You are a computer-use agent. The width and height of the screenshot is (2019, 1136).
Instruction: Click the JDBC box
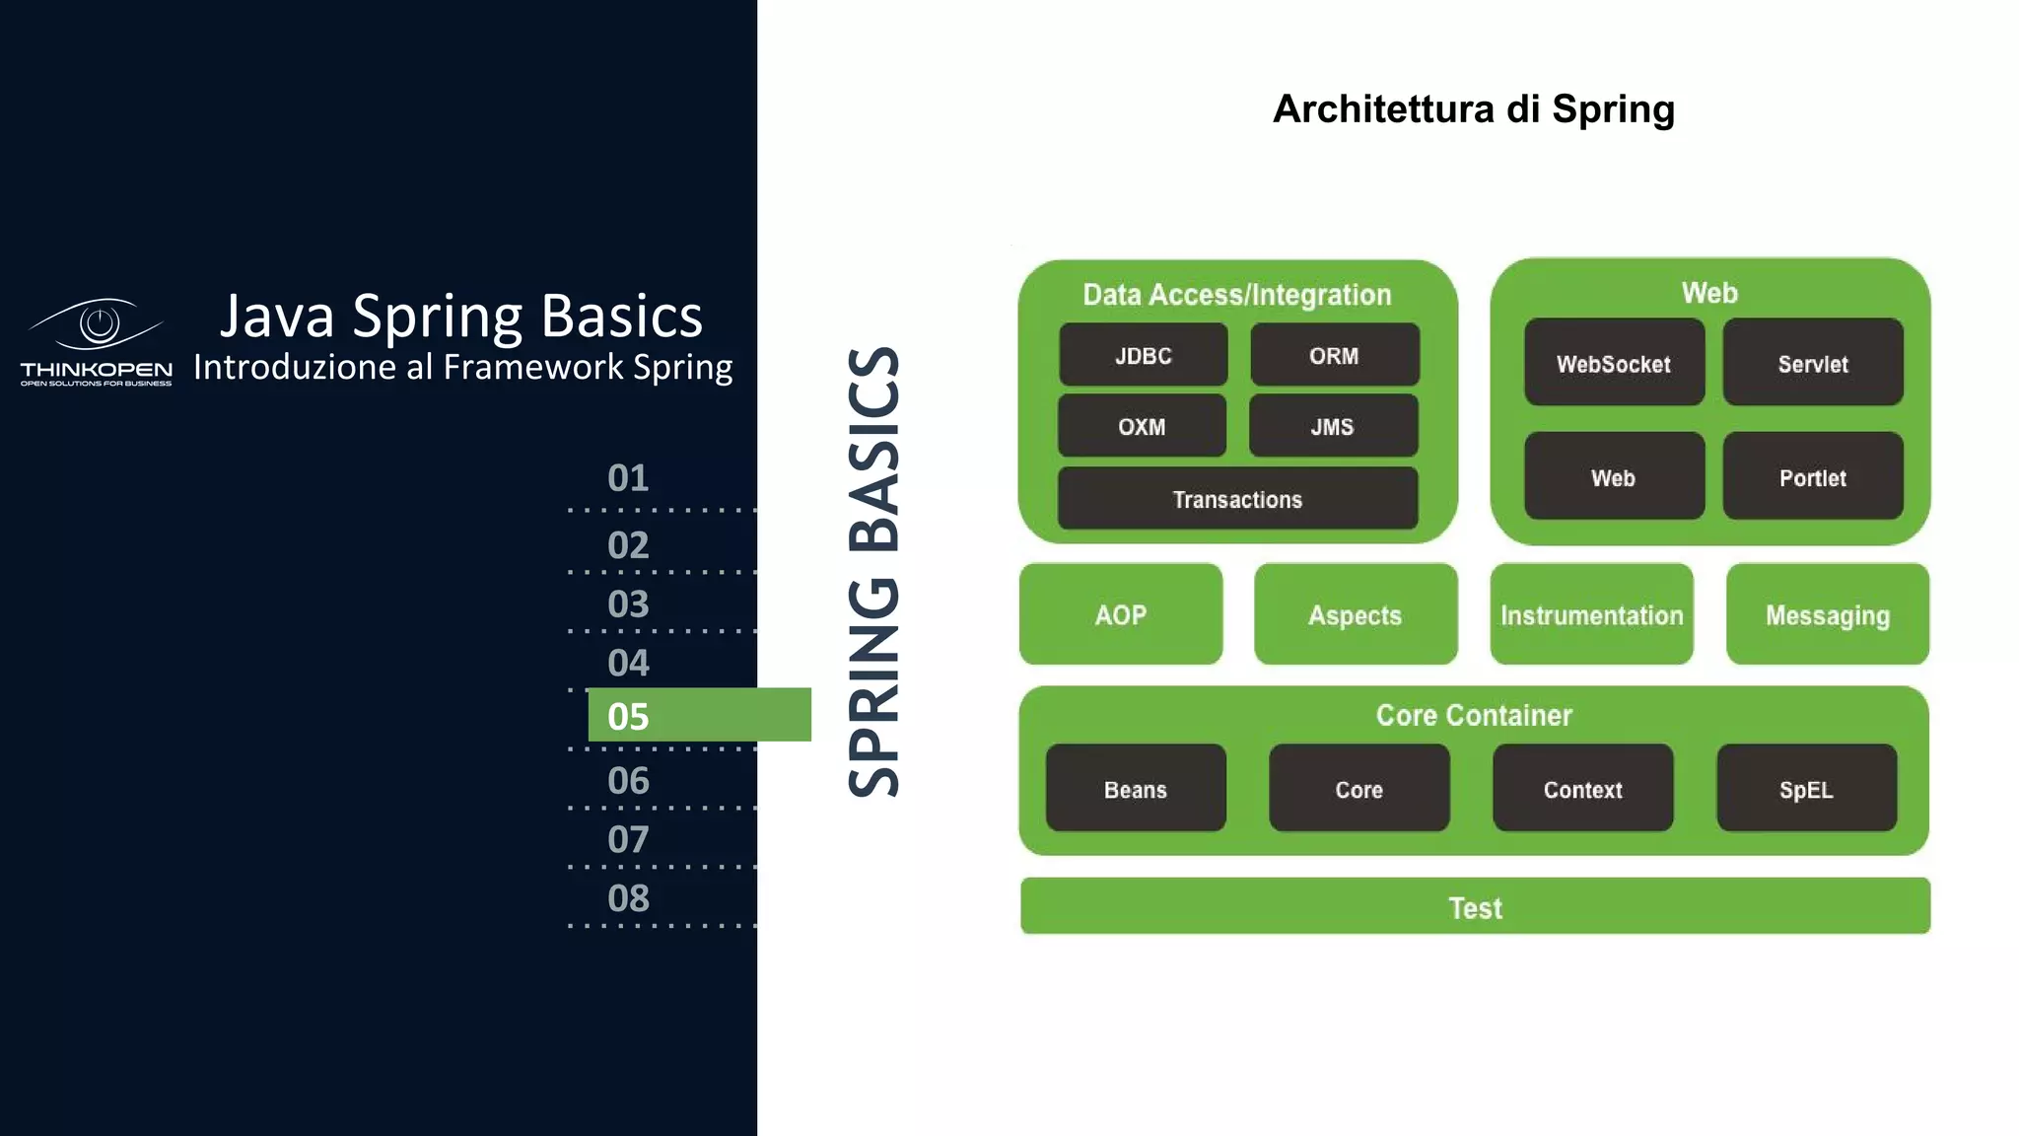pyautogui.click(x=1143, y=355)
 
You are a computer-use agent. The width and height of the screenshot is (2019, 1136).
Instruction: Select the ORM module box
pyautogui.click(x=1334, y=355)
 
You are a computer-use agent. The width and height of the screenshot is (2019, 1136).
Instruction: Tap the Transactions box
pyautogui.click(x=1237, y=499)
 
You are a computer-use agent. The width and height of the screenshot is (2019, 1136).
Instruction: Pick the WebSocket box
pyautogui.click(x=1613, y=363)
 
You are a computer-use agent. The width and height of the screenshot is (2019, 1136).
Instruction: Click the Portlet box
pyautogui.click(x=1812, y=477)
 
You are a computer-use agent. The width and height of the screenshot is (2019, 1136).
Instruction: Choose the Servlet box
pyautogui.click(x=1812, y=363)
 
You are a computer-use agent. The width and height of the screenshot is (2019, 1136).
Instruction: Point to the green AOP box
pyautogui.click(x=1121, y=614)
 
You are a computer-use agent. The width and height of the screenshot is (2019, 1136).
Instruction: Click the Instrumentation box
pyautogui.click(x=1591, y=614)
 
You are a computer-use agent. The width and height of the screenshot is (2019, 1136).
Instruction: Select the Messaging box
pyautogui.click(x=1827, y=614)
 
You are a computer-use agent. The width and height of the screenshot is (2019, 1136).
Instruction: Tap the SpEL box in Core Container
pyautogui.click(x=1806, y=789)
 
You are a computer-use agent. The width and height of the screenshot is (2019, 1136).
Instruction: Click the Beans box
pyautogui.click(x=1136, y=789)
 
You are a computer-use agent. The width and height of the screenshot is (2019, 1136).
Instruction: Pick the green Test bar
pyautogui.click(x=1475, y=906)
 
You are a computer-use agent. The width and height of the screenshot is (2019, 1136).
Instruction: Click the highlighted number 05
pyautogui.click(x=629, y=716)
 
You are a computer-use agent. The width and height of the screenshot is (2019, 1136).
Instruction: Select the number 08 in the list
pyautogui.click(x=629, y=898)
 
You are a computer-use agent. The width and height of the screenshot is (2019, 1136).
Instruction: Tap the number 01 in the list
pyautogui.click(x=629, y=478)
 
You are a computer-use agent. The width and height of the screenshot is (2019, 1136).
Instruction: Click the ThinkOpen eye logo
pyautogui.click(x=97, y=324)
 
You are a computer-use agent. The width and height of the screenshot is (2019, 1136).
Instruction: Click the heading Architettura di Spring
pyautogui.click(x=1473, y=108)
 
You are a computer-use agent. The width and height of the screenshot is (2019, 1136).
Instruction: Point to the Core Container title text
pyautogui.click(x=1473, y=715)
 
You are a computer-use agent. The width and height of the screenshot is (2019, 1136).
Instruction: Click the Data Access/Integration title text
pyautogui.click(x=1236, y=294)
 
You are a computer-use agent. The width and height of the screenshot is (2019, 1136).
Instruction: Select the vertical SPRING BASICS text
pyautogui.click(x=873, y=572)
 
